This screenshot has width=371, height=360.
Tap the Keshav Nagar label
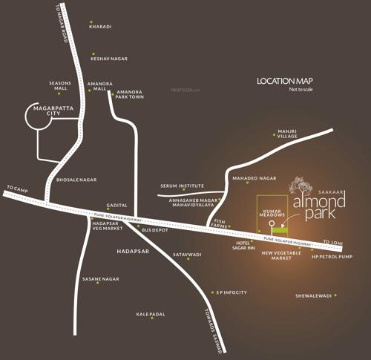(108, 55)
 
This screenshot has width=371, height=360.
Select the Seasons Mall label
(59, 86)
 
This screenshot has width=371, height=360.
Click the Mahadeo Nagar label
(255, 179)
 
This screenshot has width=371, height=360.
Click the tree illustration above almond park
(300, 185)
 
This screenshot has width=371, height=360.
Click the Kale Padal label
(153, 314)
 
